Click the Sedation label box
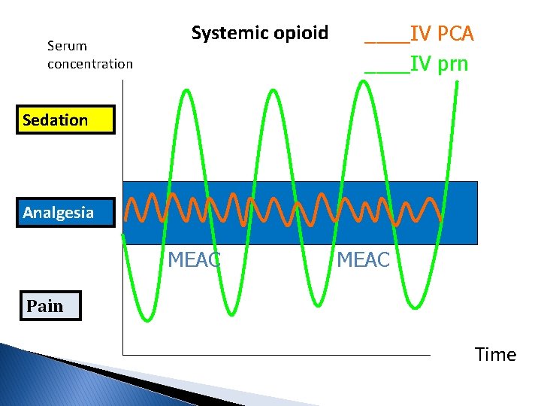[68, 120]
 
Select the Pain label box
[50, 306]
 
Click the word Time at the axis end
[495, 355]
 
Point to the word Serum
[67, 46]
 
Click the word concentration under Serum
[89, 64]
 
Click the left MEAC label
[194, 260]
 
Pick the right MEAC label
[363, 260]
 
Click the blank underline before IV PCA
[387, 42]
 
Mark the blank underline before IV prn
[387, 72]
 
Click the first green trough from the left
[144, 319]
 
